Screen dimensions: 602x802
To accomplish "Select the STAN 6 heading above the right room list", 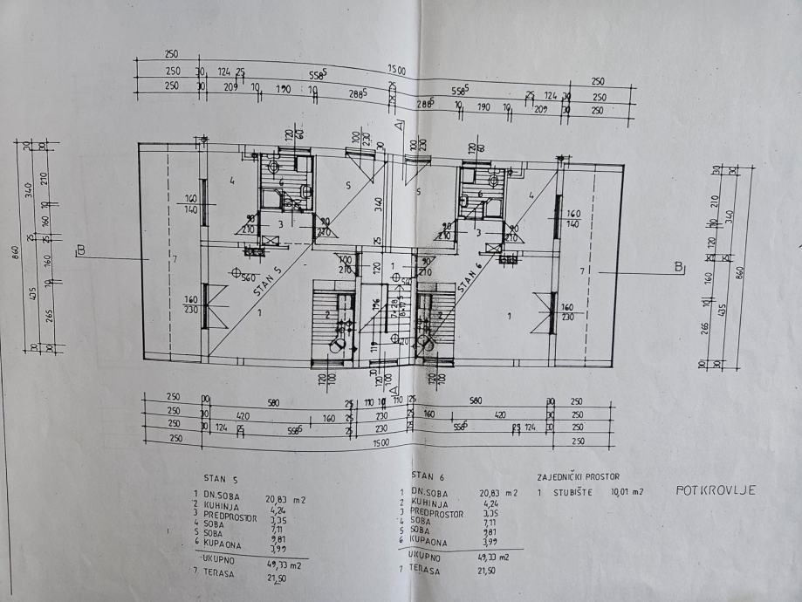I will coord(428,475).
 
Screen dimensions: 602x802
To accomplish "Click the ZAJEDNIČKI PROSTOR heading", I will coord(578,476).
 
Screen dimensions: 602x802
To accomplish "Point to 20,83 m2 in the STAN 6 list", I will coord(497,493).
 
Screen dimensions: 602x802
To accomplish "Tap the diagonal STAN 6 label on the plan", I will coord(469,278).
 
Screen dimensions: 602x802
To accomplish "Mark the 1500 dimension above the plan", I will coord(398,68).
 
